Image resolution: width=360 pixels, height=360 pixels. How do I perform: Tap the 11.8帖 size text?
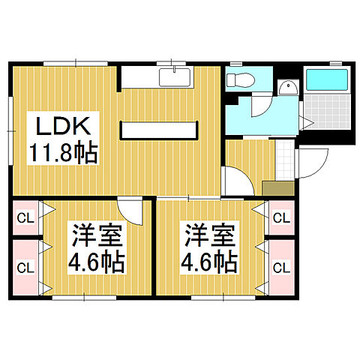click(x=63, y=154)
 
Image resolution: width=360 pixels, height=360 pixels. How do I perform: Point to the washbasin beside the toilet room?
click(x=286, y=88)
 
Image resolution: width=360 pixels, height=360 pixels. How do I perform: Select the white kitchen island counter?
click(x=160, y=130)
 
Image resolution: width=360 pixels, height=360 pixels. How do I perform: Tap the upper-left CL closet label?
click(x=24, y=218)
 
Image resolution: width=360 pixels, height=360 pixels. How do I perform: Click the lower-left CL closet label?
click(x=24, y=266)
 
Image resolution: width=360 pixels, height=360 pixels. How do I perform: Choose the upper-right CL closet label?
click(x=281, y=218)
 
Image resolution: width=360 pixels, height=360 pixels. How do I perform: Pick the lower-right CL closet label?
click(x=281, y=266)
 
